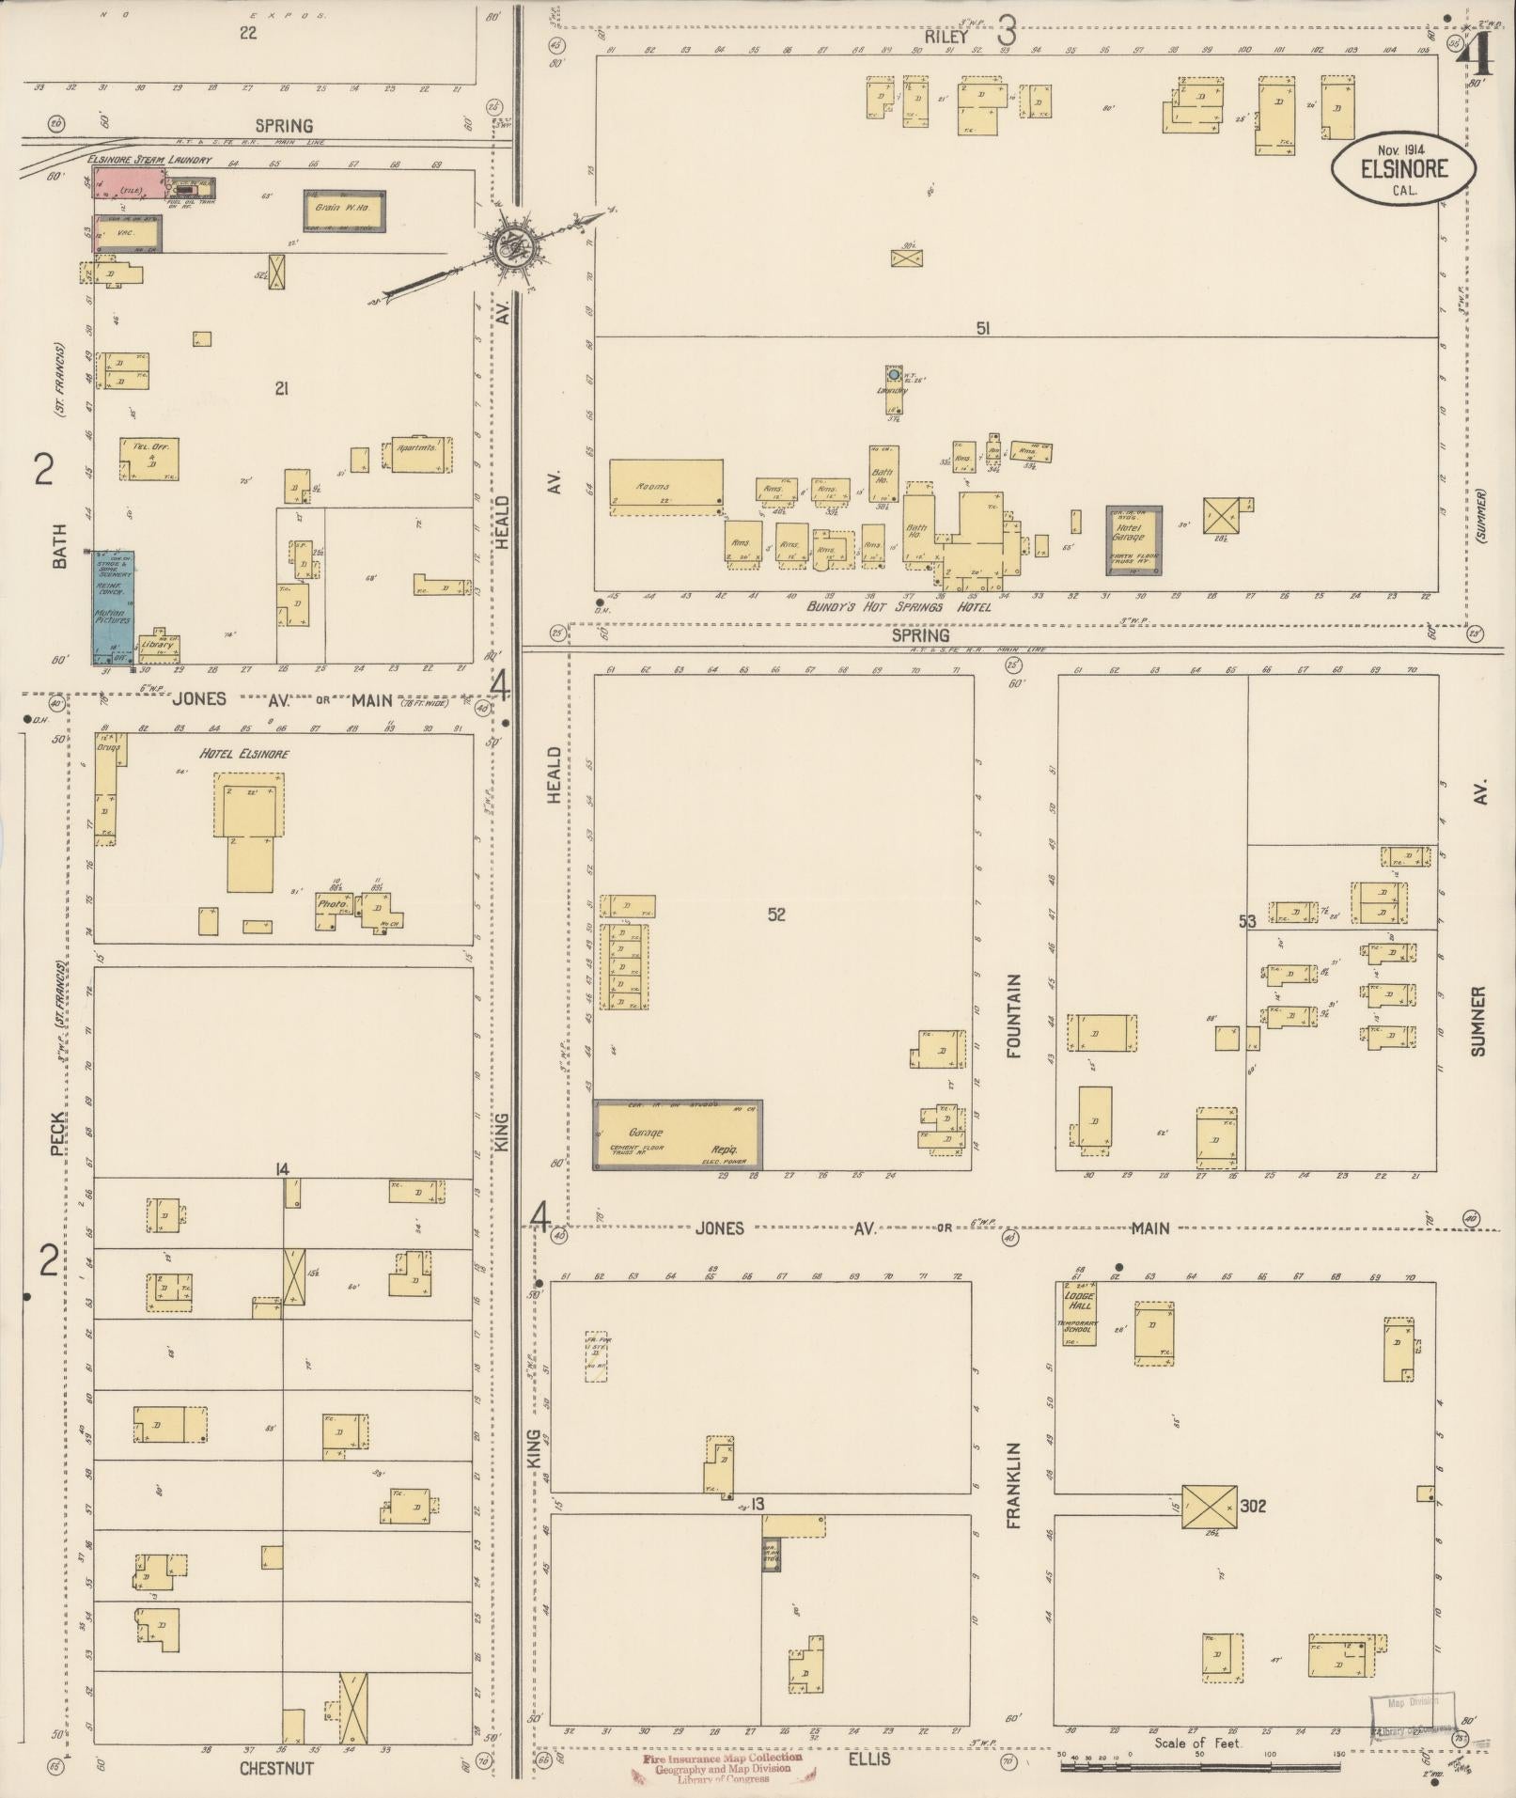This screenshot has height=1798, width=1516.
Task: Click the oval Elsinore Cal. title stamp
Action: click(1401, 167)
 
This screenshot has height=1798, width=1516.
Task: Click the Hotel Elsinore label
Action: click(244, 754)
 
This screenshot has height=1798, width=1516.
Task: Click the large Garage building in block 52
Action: click(677, 1134)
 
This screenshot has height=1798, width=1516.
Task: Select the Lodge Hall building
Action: click(1079, 1313)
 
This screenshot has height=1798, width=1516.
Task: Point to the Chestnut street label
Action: click(275, 1768)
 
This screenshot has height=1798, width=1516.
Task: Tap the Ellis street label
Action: click(868, 1758)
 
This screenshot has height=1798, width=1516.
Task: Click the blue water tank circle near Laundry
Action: click(894, 374)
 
